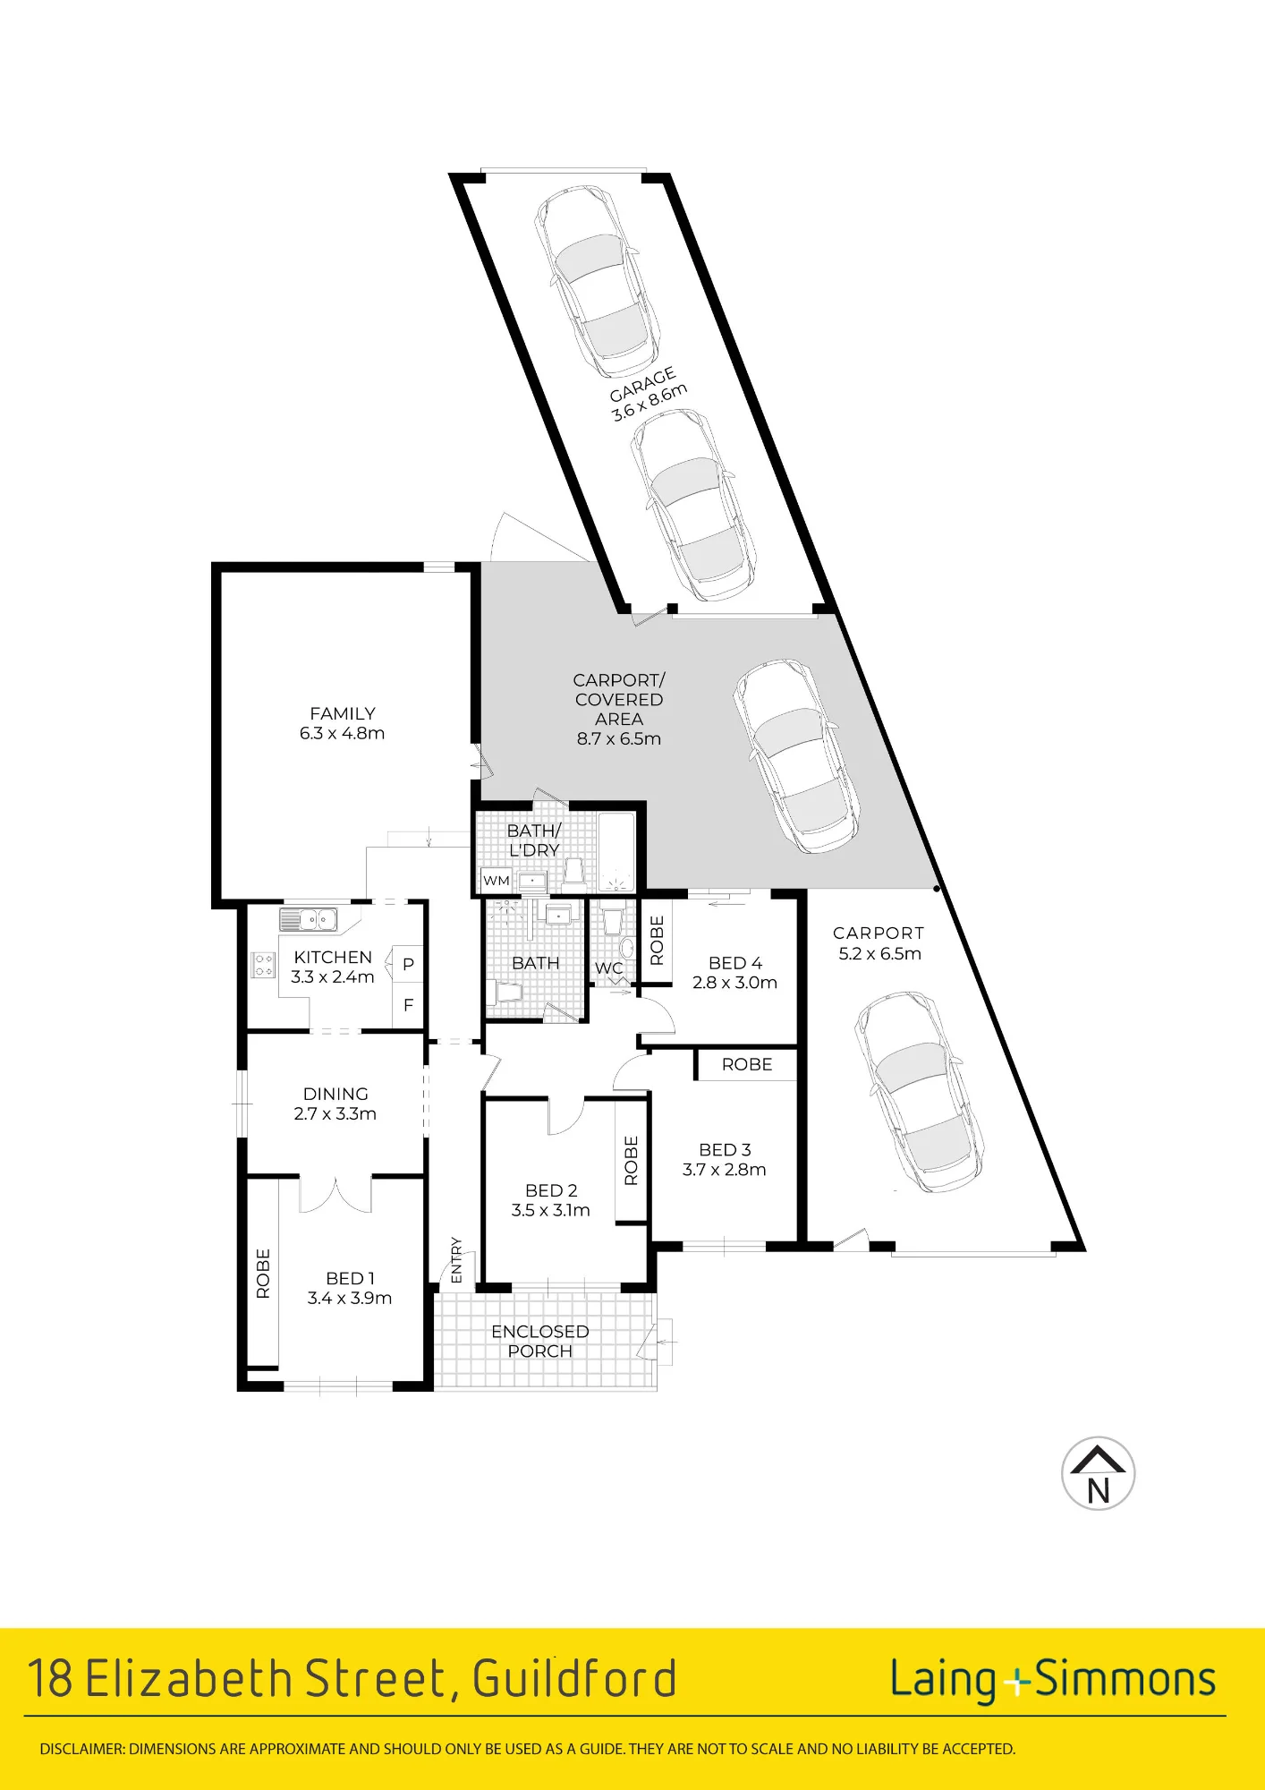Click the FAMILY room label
tap(343, 713)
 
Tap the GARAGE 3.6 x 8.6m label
tap(649, 394)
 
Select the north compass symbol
tap(1098, 1473)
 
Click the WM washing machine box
tap(497, 880)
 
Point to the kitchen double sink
tap(308, 919)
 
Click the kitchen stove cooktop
tap(263, 964)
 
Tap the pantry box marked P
tap(408, 964)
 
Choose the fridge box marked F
tap(408, 1005)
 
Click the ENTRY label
tap(456, 1259)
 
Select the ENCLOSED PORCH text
tap(540, 1341)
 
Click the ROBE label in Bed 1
tap(263, 1273)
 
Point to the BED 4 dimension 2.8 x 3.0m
tap(734, 983)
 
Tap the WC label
tap(608, 967)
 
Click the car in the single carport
tap(919, 1091)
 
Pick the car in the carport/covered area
tap(796, 756)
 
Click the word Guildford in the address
tap(574, 1678)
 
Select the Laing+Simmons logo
tap(1053, 1680)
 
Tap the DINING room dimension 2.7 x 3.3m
tap(335, 1113)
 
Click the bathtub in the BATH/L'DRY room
tap(616, 851)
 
